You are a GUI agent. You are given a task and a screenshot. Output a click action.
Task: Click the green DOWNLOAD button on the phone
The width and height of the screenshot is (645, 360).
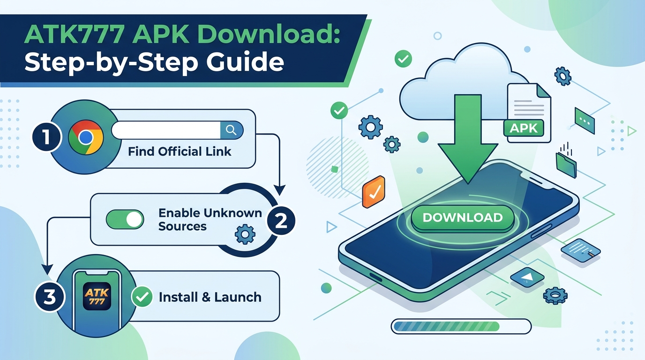tap(463, 218)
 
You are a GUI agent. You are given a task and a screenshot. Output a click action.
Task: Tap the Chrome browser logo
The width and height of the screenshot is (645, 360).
tap(85, 138)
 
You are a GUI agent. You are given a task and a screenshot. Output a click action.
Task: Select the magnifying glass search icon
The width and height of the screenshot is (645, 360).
tap(231, 130)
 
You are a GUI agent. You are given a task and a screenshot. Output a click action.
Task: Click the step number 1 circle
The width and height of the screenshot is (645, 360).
tap(46, 136)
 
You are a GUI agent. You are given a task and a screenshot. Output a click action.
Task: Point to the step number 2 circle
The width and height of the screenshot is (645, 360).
tap(281, 221)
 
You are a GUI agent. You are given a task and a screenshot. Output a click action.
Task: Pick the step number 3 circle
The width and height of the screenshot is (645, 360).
tap(50, 297)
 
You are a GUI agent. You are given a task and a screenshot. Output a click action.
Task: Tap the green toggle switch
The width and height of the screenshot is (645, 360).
tap(125, 219)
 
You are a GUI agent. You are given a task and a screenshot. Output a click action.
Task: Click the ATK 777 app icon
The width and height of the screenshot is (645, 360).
tap(97, 297)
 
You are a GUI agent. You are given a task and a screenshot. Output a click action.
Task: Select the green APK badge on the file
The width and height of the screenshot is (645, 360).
tap(524, 128)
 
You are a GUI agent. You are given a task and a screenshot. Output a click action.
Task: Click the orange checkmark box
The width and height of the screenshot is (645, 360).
tap(374, 192)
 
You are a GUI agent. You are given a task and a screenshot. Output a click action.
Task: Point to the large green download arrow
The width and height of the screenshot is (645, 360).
tap(468, 139)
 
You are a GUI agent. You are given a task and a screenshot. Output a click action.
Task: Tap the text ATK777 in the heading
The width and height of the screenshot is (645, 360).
tap(75, 34)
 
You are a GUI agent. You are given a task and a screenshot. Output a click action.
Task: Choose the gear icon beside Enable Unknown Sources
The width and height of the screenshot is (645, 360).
tap(245, 234)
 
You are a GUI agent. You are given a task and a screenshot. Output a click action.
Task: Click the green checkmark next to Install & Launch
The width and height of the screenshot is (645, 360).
tap(142, 297)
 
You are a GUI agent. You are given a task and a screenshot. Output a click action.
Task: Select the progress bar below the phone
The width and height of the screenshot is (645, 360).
tap(461, 326)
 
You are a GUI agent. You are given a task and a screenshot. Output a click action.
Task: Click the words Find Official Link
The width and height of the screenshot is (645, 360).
tap(180, 151)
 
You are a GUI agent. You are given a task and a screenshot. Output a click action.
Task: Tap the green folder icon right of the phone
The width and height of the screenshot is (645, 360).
tap(566, 164)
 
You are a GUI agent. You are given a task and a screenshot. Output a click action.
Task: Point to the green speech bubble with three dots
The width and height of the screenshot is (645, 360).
tap(585, 121)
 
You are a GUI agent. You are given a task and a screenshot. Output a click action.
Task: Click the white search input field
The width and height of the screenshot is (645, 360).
tap(166, 130)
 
